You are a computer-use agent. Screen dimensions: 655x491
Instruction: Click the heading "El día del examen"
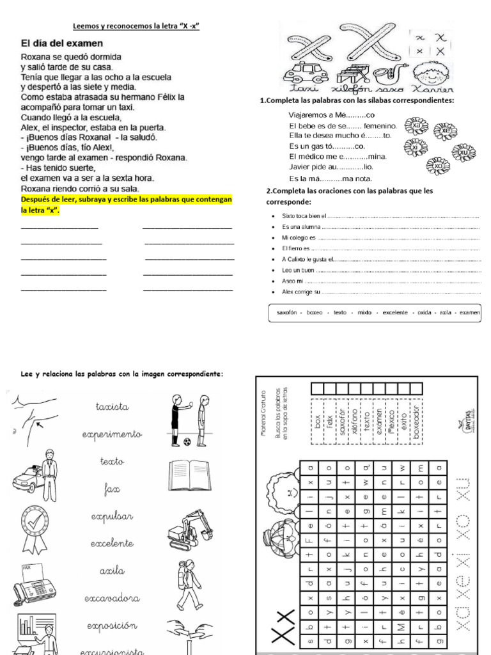pos(61,43)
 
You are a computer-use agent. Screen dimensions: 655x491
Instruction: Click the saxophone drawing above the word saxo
pos(389,72)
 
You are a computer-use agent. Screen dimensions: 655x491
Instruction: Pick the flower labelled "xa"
pos(416,125)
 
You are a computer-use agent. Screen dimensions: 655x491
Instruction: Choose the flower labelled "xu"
pos(463,153)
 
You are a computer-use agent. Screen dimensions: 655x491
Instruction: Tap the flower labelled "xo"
pos(438,165)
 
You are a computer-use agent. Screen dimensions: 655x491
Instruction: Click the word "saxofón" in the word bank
pos(288,313)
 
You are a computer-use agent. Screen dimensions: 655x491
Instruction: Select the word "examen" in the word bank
pos(470,313)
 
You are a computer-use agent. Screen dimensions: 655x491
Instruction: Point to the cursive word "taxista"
pos(112,406)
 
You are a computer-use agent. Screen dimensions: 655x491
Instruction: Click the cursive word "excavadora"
pos(112,599)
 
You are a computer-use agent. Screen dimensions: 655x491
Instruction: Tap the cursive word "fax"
pos(112,489)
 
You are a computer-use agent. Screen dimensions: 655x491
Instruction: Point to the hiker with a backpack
pos(189,584)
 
